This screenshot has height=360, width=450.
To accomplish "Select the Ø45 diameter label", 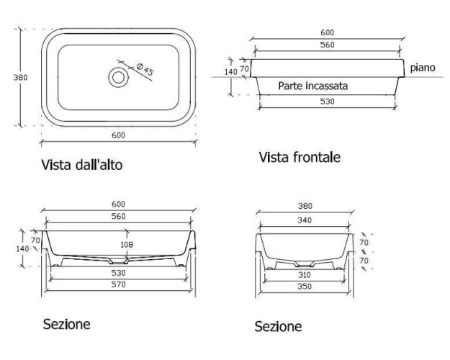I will (145, 69).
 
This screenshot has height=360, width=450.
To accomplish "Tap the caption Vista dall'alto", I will (81, 166).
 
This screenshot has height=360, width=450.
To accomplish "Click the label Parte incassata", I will (313, 85).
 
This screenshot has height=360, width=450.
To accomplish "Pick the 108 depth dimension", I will (127, 245).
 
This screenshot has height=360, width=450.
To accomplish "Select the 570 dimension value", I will (118, 285).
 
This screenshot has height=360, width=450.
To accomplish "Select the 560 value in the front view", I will (328, 45).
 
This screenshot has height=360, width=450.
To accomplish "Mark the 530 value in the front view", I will (327, 102).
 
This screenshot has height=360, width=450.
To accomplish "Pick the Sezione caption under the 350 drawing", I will (278, 327).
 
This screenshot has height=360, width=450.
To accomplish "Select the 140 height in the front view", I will (230, 72).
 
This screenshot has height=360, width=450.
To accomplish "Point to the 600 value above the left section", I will (118, 204).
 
